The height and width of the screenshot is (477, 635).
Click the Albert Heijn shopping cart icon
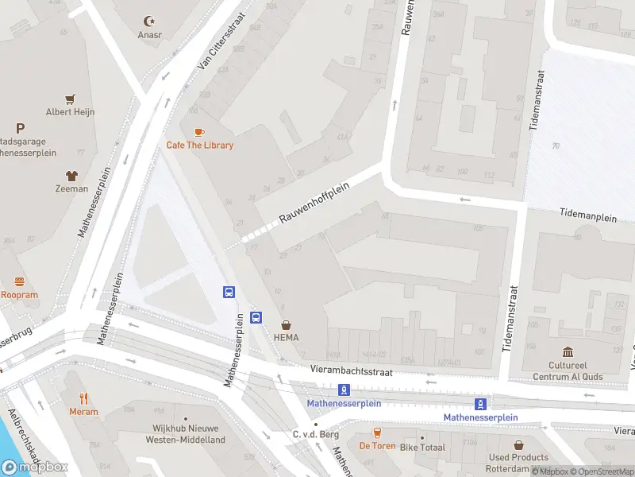pos(70,99)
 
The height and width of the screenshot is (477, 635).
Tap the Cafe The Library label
pos(199,145)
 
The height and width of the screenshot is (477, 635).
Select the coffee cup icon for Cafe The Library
pos(198,132)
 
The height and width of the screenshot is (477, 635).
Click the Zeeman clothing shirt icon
pos(71,176)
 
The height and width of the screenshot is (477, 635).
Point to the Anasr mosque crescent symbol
pos(148,21)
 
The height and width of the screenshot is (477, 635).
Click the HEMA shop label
pos(286,337)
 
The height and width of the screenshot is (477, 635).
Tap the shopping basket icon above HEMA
pos(286,324)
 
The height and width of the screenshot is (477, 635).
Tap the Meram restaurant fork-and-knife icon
pos(83,398)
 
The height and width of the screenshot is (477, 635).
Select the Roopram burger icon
pos(20,281)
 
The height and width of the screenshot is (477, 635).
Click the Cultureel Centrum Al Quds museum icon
pos(568,352)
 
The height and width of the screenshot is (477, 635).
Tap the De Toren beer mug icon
pos(377,433)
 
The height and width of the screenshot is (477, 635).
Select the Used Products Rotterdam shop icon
pos(518,445)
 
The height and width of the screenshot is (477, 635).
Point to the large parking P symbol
pos(20,128)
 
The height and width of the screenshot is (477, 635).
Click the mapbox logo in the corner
pos(35,467)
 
